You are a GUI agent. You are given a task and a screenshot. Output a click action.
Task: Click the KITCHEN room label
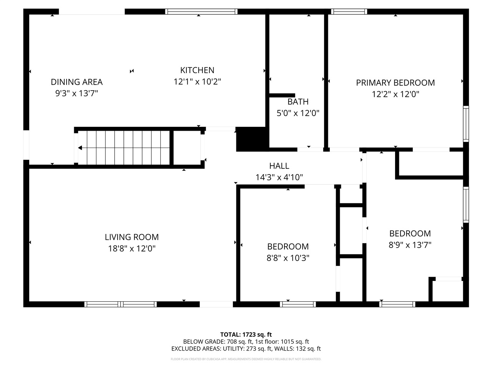click(x=197, y=70)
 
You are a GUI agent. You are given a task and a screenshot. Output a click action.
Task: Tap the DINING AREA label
click(x=76, y=82)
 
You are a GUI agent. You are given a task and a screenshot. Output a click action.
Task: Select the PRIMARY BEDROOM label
click(x=395, y=83)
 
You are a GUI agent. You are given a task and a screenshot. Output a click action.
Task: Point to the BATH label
click(x=298, y=102)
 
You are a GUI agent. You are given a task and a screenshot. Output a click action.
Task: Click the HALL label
click(x=279, y=166)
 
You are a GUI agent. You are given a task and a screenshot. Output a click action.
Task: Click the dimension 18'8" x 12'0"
click(x=131, y=249)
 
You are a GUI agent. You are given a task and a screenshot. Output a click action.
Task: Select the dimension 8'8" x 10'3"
click(x=288, y=258)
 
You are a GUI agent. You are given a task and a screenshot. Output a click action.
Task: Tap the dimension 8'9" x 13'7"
click(x=410, y=245)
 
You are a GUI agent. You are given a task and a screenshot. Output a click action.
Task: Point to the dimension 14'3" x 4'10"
click(x=279, y=177)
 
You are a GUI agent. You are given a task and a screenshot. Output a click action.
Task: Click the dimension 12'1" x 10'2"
click(x=197, y=81)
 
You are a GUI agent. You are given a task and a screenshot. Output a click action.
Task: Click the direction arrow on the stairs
click(x=80, y=148)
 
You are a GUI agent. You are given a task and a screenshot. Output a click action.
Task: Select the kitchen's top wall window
click(x=201, y=12)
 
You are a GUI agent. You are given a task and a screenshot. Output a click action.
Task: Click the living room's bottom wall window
click(x=120, y=304)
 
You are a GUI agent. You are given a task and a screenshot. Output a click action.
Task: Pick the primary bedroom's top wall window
click(x=349, y=12)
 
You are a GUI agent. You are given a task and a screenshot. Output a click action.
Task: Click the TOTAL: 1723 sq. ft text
click(x=246, y=334)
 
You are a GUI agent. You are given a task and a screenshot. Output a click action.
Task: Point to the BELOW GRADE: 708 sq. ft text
click(x=217, y=341)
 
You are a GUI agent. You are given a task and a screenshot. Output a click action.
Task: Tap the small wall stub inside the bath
click(x=282, y=95)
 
